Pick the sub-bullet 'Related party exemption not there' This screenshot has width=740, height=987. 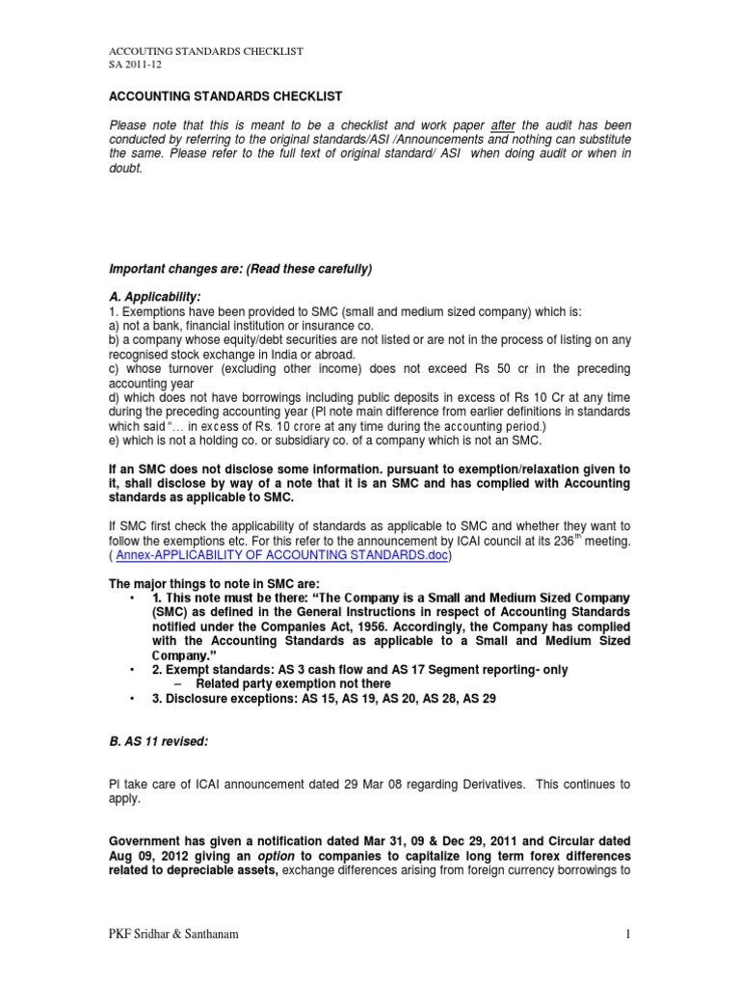coord(263,682)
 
